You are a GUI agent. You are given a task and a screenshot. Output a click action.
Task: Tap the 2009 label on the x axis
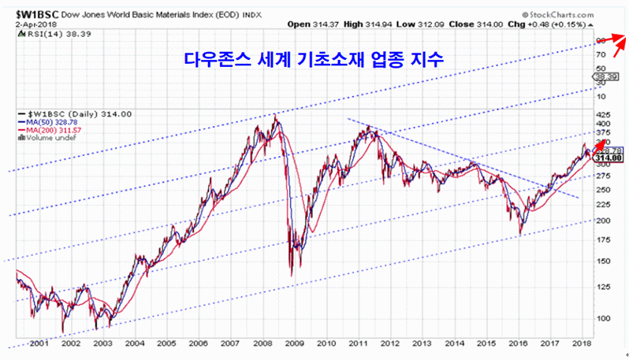coord(294,343)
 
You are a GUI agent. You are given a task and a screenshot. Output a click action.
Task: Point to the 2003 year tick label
coord(103,343)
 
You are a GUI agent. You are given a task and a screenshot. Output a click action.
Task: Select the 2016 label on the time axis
coord(518,343)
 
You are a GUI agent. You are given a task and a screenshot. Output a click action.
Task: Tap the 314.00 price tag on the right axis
coord(613,158)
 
